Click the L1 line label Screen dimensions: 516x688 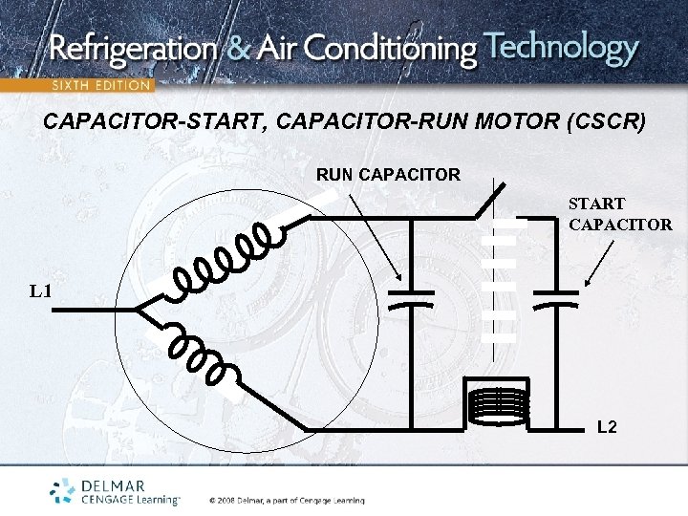pos(39,290)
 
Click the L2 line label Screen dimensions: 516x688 pos(607,426)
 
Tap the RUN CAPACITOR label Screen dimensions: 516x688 pos(388,175)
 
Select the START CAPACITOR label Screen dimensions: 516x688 pos(620,214)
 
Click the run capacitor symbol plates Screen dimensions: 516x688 pos(412,296)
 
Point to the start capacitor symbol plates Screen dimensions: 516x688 pos(555,297)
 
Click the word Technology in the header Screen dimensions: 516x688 pos(562,48)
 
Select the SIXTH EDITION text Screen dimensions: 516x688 pos(100,85)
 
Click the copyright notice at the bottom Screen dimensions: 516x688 pos(287,500)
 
